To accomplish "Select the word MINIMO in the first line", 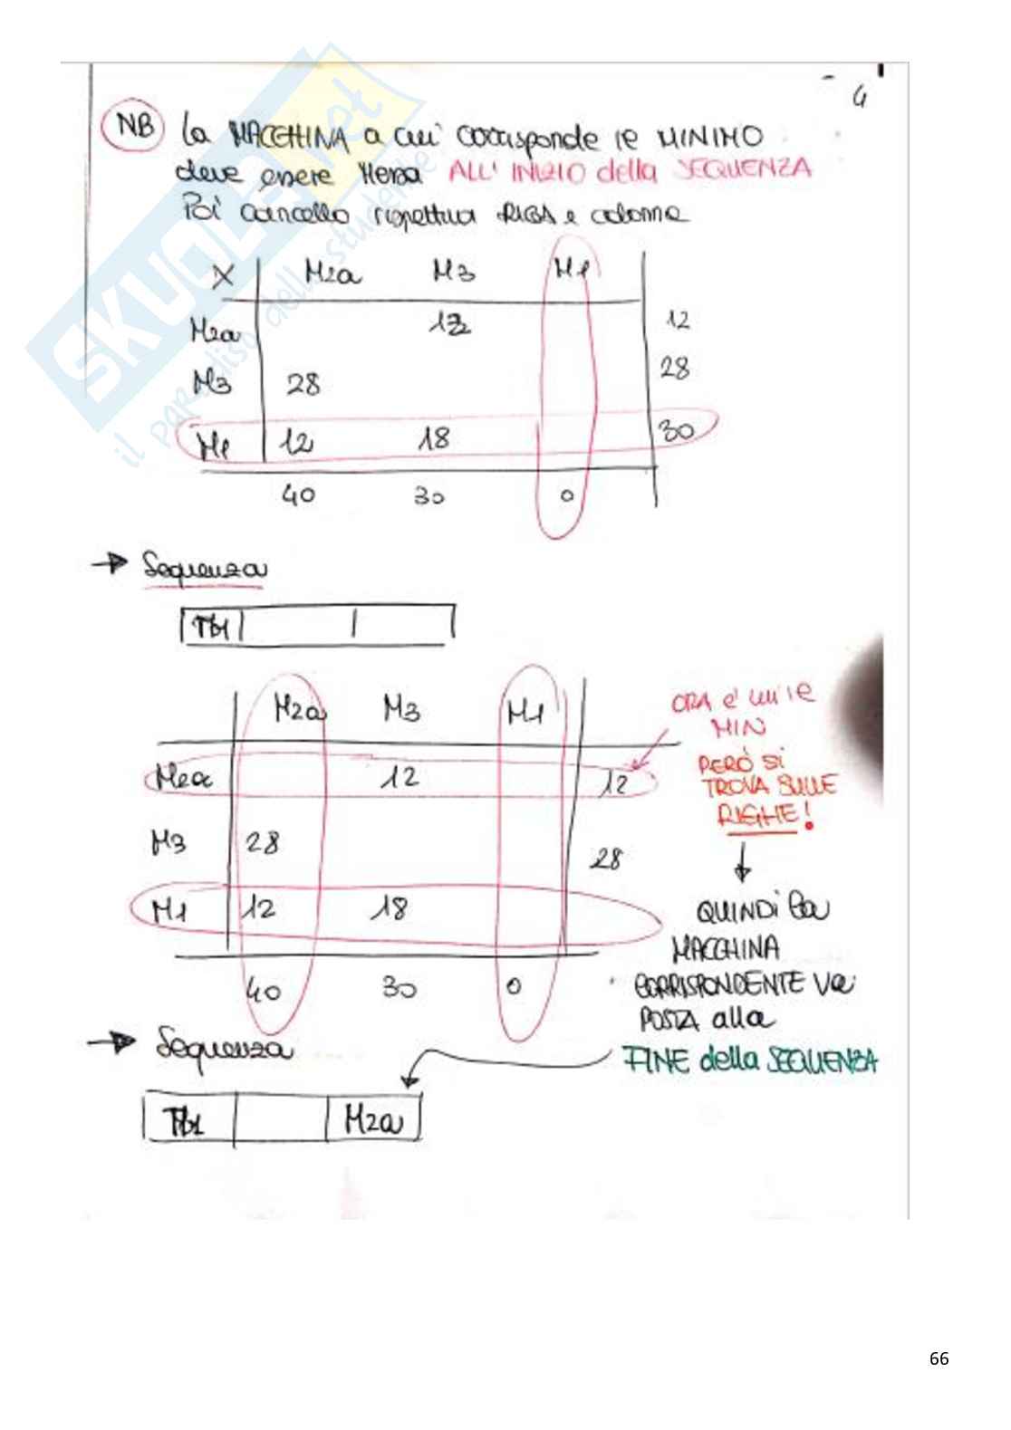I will (710, 138).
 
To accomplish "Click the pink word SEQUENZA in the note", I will (743, 170).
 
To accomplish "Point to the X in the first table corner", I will (222, 276).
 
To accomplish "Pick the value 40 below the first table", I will (298, 495).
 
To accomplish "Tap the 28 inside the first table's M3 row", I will (303, 385).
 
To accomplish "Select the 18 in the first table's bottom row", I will (434, 440).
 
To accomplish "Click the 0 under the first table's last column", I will (566, 496).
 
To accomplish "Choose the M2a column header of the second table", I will (299, 711).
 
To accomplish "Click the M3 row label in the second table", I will (168, 843).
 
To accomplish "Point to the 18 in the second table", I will (390, 908).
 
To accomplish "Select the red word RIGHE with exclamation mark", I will (762, 816).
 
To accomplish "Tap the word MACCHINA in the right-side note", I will (726, 949).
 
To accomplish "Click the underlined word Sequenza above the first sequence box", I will (205, 569).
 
